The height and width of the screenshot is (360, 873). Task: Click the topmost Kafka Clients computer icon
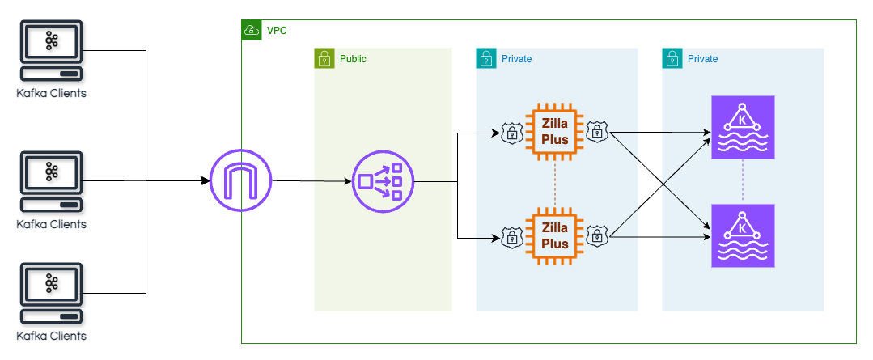tap(51, 52)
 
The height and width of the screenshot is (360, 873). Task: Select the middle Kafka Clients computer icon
tap(51, 181)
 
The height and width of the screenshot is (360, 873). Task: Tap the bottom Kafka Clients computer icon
tap(51, 293)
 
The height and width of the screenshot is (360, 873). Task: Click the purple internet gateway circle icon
tap(240, 180)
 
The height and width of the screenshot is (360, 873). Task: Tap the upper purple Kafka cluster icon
tap(742, 128)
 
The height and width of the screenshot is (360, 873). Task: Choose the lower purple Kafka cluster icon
tap(742, 235)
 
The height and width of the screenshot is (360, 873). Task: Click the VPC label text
tap(277, 31)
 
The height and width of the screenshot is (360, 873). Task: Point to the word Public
tap(353, 59)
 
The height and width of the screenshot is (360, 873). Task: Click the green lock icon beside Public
tap(324, 58)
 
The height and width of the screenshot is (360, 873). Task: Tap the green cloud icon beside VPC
tap(252, 31)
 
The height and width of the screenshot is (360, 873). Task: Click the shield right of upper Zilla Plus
tap(597, 132)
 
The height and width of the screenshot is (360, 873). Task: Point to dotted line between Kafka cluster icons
tap(742, 181)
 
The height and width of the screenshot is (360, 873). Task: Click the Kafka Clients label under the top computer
tap(51, 94)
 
